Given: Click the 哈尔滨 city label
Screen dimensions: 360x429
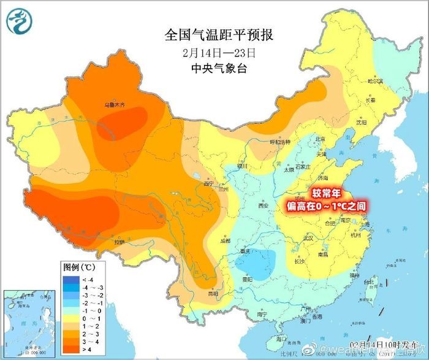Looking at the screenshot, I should pyautogui.click(x=374, y=81).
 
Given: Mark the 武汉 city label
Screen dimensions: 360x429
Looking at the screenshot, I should pyautogui.click(x=306, y=237).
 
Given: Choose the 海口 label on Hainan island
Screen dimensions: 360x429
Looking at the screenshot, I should pyautogui.click(x=281, y=339).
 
